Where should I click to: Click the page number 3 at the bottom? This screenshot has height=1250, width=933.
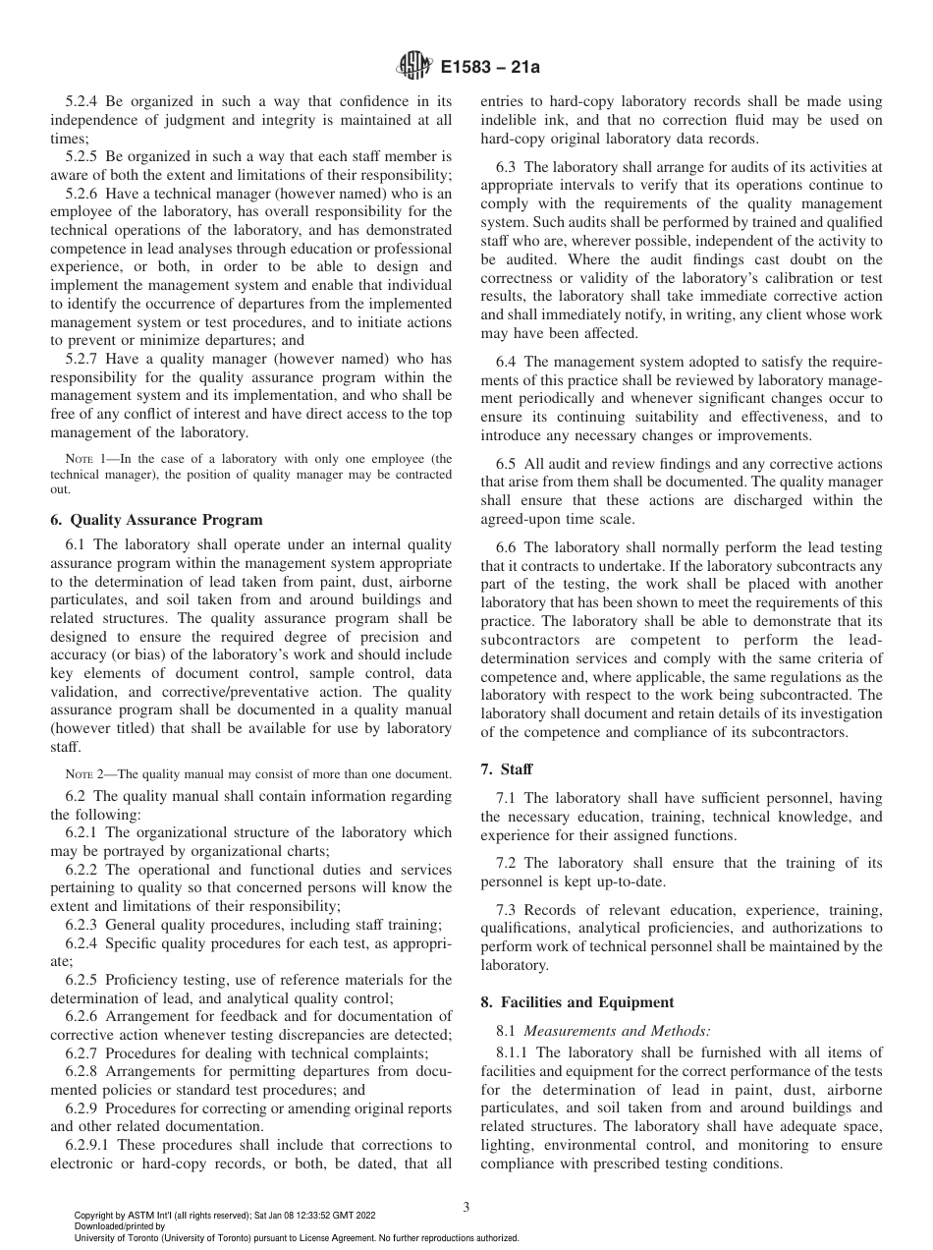(466, 1207)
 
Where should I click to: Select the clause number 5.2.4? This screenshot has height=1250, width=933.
(82, 100)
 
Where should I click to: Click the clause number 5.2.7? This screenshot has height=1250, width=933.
(82, 360)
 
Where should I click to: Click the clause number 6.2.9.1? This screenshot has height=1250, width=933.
(90, 1145)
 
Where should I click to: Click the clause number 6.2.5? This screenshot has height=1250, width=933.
(82, 980)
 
